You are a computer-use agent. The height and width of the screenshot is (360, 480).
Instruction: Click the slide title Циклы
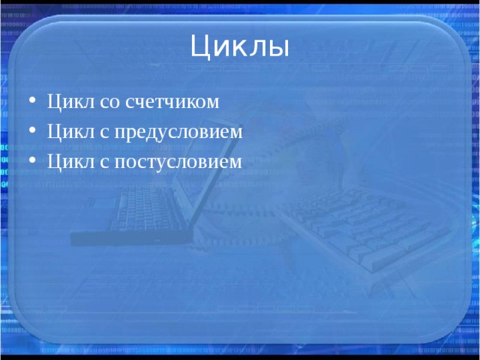pyautogui.click(x=239, y=46)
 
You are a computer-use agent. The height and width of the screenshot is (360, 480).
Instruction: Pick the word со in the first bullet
pyautogui.click(x=109, y=103)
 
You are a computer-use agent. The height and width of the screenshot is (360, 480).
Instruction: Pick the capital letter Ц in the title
pyautogui.click(x=199, y=46)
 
